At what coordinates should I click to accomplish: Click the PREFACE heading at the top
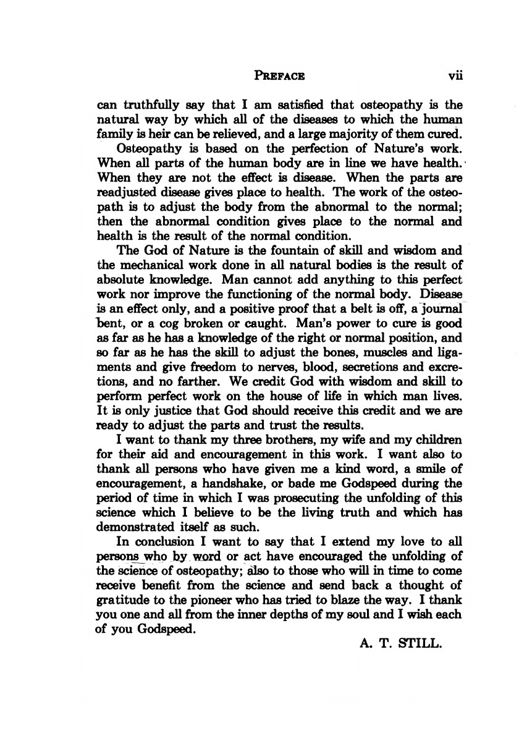pos(279,77)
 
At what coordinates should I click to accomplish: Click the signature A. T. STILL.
pos(402,645)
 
